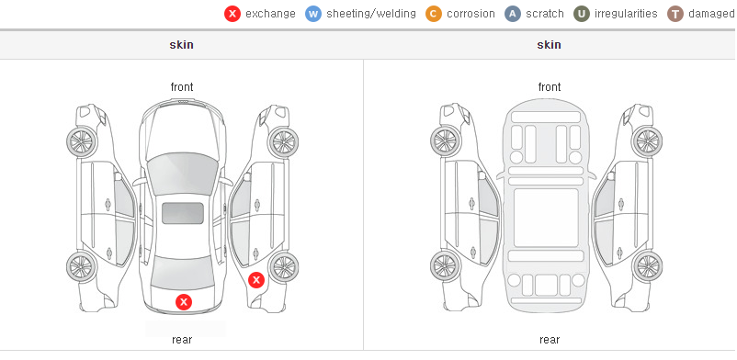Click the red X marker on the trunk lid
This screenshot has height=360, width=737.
[184, 302]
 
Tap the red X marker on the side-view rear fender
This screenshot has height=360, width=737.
[256, 281]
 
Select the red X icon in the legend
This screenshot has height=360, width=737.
[232, 14]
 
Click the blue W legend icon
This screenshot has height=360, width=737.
[313, 14]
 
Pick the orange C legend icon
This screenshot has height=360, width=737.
[434, 14]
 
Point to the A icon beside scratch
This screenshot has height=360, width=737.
[513, 14]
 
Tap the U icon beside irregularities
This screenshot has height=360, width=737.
[582, 14]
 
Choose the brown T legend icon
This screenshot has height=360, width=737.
[675, 14]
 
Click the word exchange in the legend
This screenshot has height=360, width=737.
[270, 14]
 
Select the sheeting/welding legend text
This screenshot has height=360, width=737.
[371, 14]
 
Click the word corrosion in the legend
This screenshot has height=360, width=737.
[471, 14]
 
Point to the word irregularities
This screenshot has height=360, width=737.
[626, 14]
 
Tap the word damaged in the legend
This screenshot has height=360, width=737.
[711, 14]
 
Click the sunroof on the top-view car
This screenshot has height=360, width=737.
[183, 213]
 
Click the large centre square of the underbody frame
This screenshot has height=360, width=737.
[546, 218]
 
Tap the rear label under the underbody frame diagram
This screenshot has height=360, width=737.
[550, 340]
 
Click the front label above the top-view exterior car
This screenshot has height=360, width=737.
[182, 87]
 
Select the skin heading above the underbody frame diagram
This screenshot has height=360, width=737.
[549, 45]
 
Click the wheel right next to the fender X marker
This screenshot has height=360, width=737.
[283, 267]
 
